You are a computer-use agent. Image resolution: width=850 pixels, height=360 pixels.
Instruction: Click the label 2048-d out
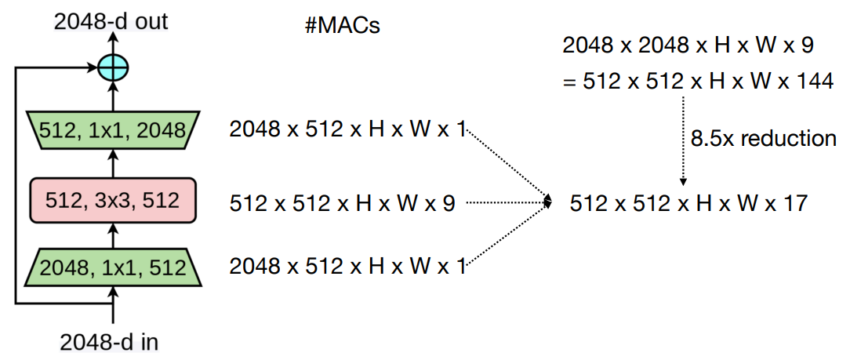coord(111,20)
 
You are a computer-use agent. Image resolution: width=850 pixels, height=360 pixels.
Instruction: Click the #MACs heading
coord(342,25)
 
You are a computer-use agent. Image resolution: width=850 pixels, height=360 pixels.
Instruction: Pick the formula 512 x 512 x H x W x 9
coord(342,203)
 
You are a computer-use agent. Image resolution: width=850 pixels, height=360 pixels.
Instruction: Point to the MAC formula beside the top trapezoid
coord(347,129)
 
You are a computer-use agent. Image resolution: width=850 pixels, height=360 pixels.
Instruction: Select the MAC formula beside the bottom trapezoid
coord(347,267)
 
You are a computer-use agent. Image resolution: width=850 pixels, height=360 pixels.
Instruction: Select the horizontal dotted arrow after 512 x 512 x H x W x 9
coord(506,203)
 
